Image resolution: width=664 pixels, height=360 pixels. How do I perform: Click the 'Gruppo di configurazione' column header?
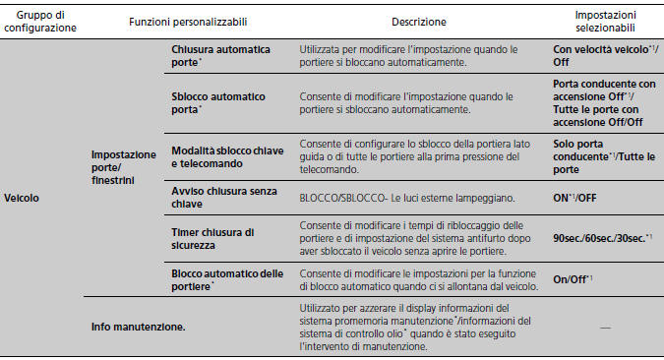[40, 21]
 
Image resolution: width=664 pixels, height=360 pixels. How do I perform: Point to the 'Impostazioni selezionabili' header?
[605, 21]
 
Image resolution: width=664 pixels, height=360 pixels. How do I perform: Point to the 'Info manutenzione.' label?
[128, 325]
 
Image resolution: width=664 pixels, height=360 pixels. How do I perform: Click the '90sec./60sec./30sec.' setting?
[601, 238]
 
